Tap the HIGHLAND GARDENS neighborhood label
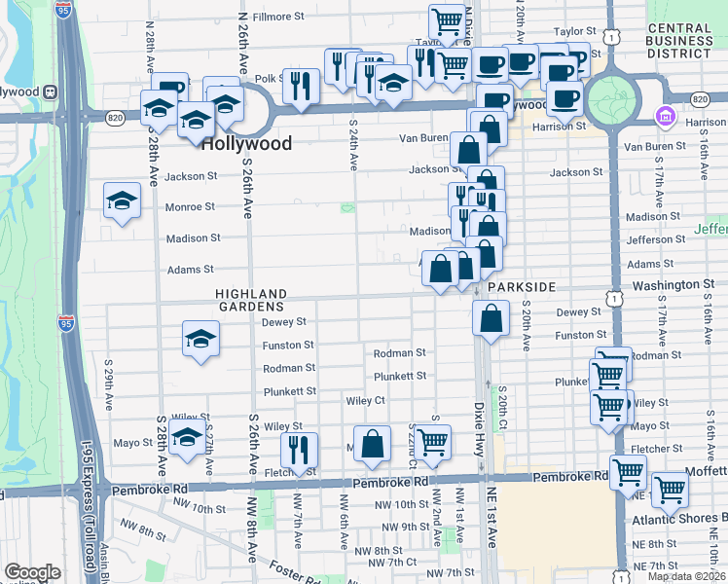pyautogui.click(x=251, y=300)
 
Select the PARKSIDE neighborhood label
pyautogui.click(x=522, y=288)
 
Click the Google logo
pyautogui.click(x=32, y=572)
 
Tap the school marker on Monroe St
pyautogui.click(x=122, y=202)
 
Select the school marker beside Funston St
pyautogui.click(x=200, y=340)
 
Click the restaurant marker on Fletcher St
pyautogui.click(x=299, y=450)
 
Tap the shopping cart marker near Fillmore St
pyautogui.click(x=447, y=21)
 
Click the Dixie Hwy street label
pyautogui.click(x=479, y=419)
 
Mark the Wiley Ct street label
pyautogui.click(x=366, y=400)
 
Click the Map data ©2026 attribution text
pyautogui.click(x=686, y=576)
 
